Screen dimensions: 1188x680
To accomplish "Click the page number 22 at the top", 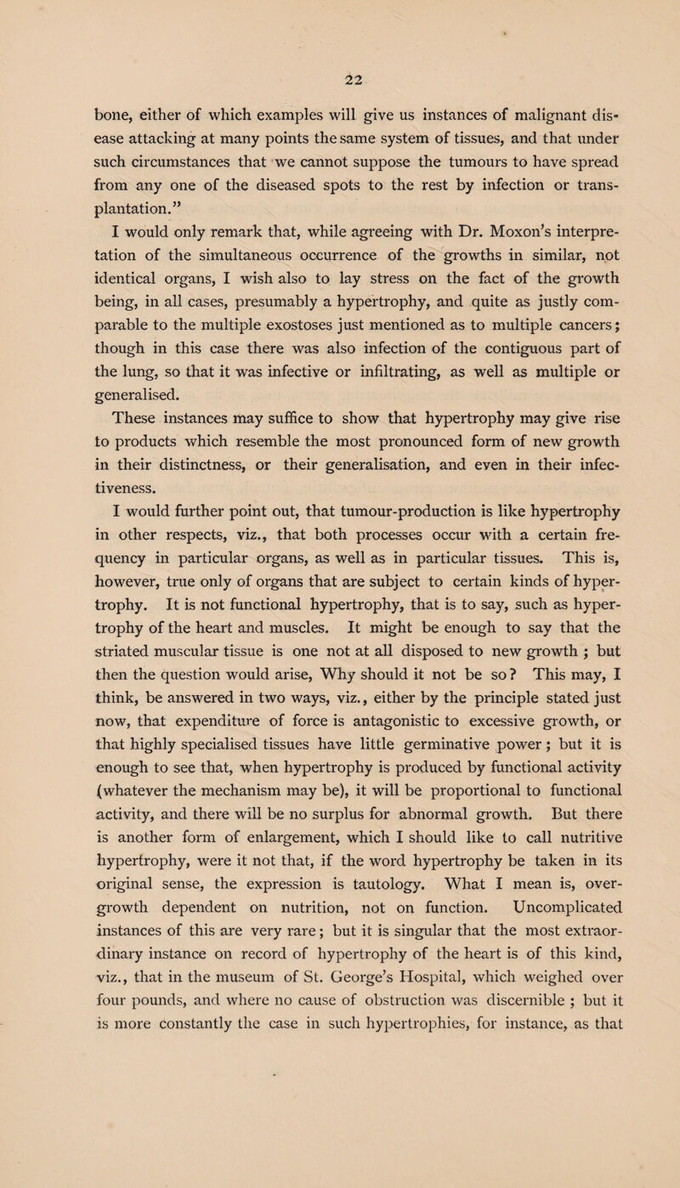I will tap(341, 75).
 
